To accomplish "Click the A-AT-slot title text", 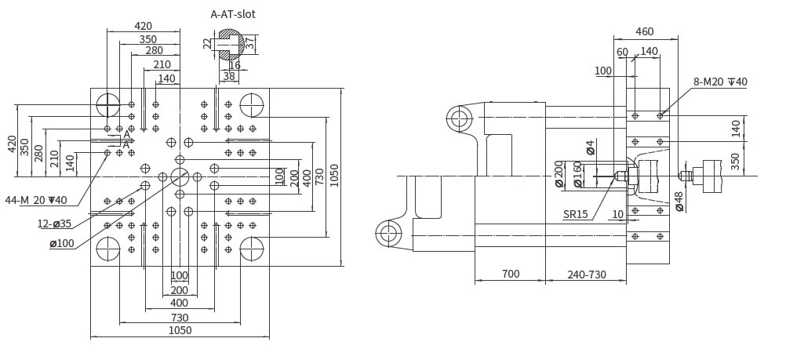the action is tap(233, 14).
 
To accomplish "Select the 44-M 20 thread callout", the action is tap(36, 200).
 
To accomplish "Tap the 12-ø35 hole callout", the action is tap(54, 224).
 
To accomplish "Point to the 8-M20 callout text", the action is tap(720, 82).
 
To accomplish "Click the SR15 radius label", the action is tap(576, 215).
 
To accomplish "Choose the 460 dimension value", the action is tap(645, 31).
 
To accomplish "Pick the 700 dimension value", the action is tap(511, 274).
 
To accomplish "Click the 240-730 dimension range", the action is tap(587, 275).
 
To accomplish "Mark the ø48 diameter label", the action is tap(679, 201).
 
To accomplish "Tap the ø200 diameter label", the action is tap(559, 174).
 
